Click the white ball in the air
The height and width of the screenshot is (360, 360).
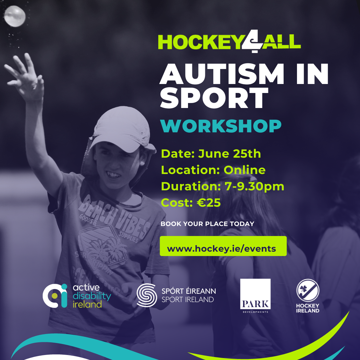pyautogui.click(x=15, y=16)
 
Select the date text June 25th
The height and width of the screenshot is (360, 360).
pyautogui.click(x=229, y=154)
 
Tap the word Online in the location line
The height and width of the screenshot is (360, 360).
pyautogui.click(x=245, y=170)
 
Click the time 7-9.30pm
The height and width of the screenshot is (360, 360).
pyautogui.click(x=254, y=186)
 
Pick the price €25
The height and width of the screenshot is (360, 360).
pyautogui.click(x=209, y=203)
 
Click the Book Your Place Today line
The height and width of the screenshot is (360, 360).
pyautogui.click(x=207, y=224)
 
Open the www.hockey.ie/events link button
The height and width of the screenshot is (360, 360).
pyautogui.click(x=223, y=246)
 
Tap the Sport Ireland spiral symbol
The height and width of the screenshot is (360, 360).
pyautogui.click(x=147, y=295)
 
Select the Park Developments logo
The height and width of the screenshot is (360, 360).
pyautogui.click(x=255, y=295)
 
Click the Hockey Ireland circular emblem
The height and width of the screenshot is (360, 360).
pyautogui.click(x=308, y=290)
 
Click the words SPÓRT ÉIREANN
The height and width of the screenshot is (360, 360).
pyautogui.click(x=189, y=291)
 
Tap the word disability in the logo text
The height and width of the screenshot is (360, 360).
pyautogui.click(x=92, y=296)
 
